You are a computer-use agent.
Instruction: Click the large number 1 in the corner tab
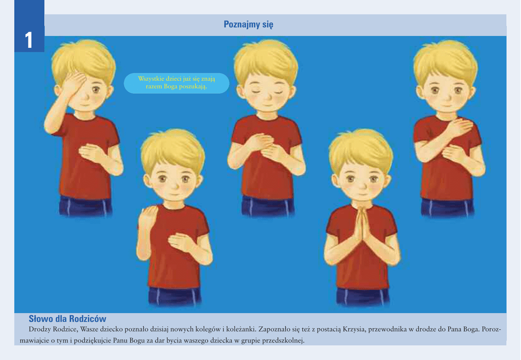coord(29,40)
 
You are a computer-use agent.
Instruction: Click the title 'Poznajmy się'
coord(248,24)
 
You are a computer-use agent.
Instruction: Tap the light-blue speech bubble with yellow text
coord(177,83)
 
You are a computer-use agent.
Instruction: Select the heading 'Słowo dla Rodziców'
coord(68,319)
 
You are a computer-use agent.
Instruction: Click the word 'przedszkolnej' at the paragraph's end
coord(283,341)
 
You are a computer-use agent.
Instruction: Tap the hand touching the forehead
coord(74,83)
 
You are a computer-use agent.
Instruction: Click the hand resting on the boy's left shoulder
coord(460,126)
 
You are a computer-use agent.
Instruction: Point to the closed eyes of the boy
coord(266,92)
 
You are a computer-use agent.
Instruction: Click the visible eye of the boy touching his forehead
coord(96,89)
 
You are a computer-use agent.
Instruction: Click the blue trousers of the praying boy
coord(362,297)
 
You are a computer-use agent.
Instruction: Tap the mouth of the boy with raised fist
coord(172,194)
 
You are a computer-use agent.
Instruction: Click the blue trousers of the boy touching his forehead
coord(85,206)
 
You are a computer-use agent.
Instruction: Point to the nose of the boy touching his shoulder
coord(446,96)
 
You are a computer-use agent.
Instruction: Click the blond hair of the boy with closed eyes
coord(266,60)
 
